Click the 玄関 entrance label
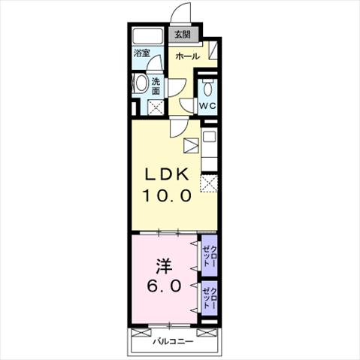pos(183,35)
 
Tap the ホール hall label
pos(188,56)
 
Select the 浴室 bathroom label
pos(141,53)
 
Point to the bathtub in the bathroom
pos(147,37)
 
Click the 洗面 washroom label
pos(156,86)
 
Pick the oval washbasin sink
pos(141,83)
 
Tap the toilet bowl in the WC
pos(207,88)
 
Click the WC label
pos(207,106)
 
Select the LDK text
pos(167,174)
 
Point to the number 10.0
pos(167,195)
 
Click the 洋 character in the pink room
pos(165,266)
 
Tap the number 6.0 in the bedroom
pos(164,286)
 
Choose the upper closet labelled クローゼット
pos(210,256)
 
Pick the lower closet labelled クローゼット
pos(210,298)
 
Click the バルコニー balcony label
pos(174,341)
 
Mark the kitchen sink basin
pos(210,137)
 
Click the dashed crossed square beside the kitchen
pos(209,183)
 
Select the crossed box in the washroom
pos(156,107)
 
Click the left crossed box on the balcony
pos(141,333)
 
